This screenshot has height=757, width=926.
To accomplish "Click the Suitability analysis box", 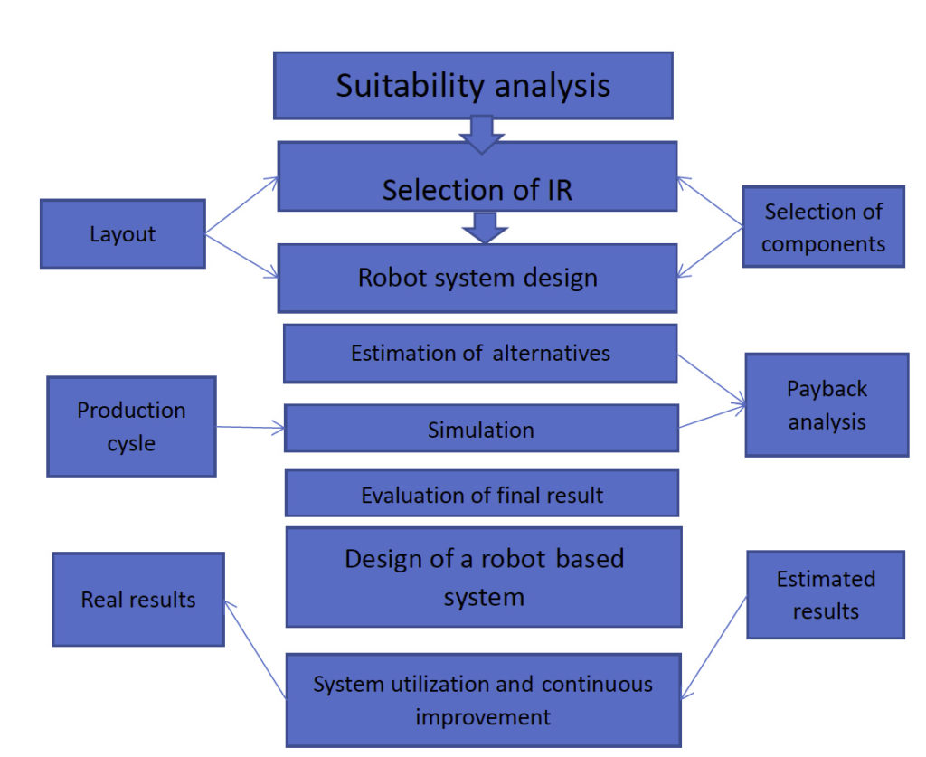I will (x=473, y=85).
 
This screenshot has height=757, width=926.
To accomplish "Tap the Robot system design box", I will (x=477, y=278).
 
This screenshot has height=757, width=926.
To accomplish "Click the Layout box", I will (x=122, y=233).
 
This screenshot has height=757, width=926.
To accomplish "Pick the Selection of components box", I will (x=823, y=227).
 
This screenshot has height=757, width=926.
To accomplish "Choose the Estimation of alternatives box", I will (x=480, y=354).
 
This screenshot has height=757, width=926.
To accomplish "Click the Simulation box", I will (x=481, y=429).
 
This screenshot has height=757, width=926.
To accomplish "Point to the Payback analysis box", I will (x=827, y=404).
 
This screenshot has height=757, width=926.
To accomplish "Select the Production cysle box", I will (x=131, y=426).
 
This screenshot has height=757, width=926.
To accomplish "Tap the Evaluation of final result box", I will (x=482, y=494).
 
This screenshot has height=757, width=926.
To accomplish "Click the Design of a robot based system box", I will (x=484, y=577).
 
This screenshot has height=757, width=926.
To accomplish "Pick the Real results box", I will (x=138, y=600).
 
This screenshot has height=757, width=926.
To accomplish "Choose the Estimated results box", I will (x=825, y=594).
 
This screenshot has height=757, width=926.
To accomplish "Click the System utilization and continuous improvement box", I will (x=483, y=699).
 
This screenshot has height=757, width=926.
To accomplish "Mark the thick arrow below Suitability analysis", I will (x=482, y=133).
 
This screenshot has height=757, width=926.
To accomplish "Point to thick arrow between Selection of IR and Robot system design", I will (x=486, y=228).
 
